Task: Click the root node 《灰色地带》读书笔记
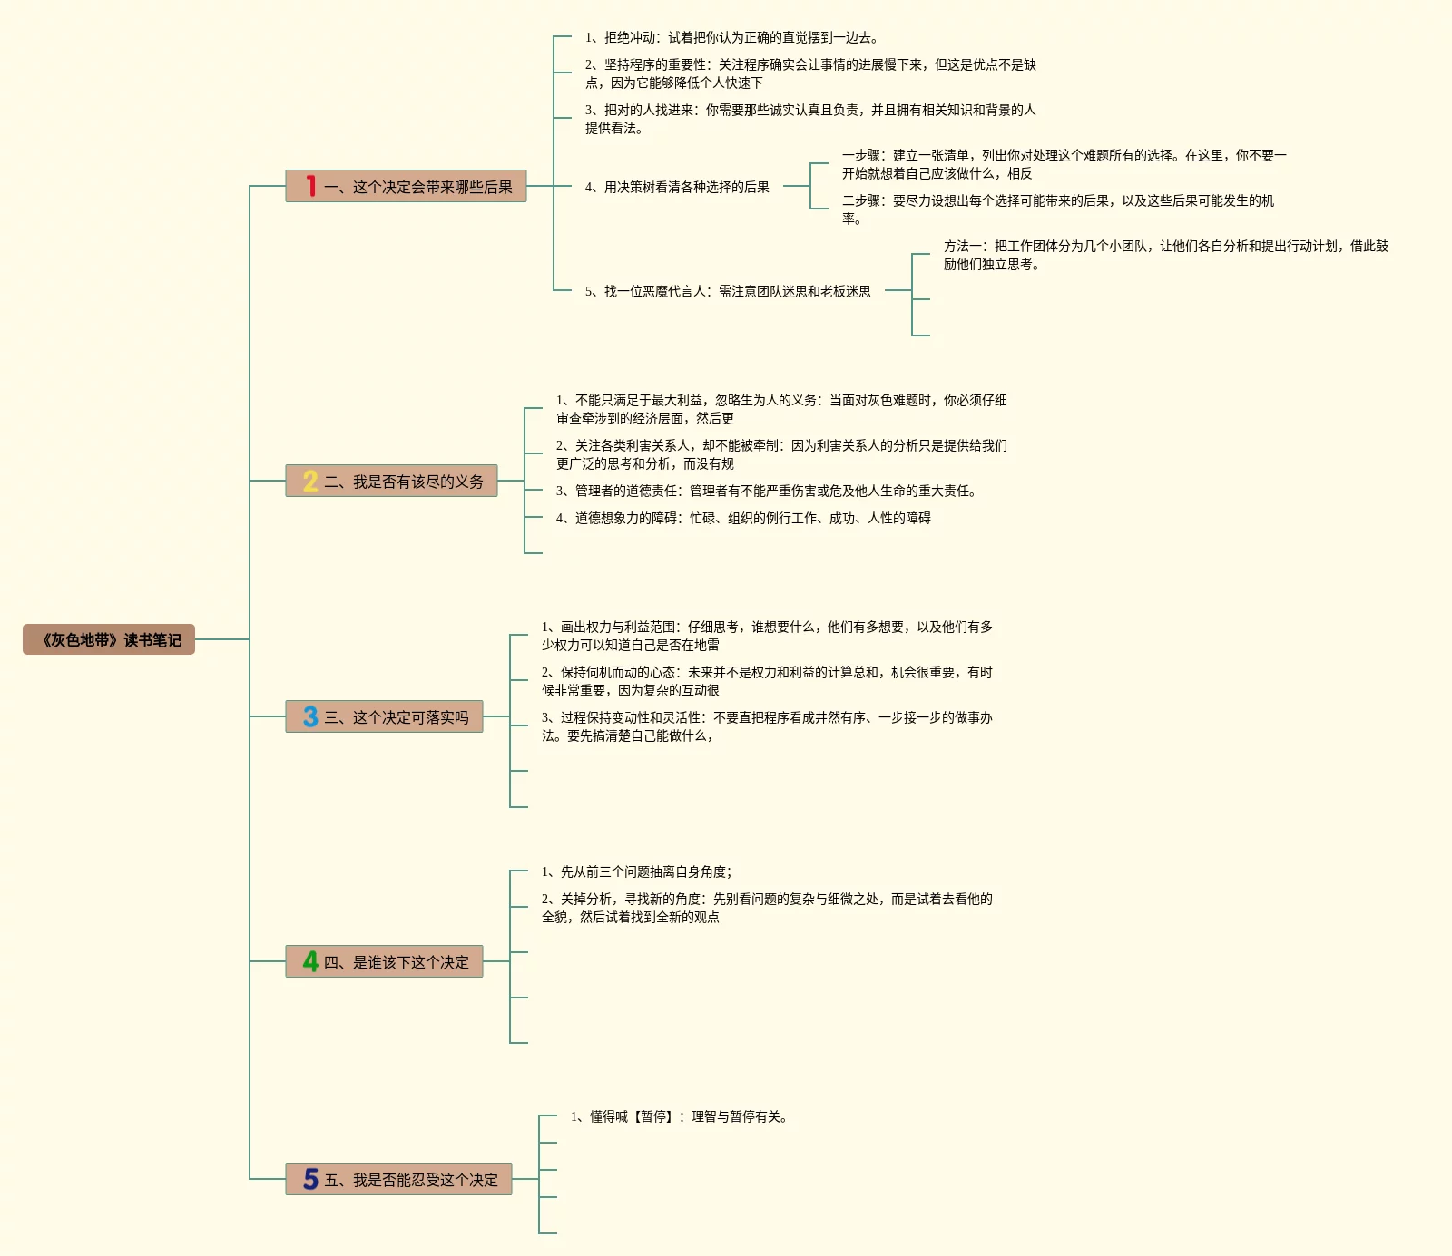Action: pos(109,639)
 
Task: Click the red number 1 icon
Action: pos(310,186)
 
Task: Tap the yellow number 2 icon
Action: pos(310,481)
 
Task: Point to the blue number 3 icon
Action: pos(310,716)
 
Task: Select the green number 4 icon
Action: pos(310,961)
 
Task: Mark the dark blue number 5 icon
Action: pos(310,1179)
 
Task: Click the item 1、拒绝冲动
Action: pos(731,37)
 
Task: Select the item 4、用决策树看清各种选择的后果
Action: pos(677,187)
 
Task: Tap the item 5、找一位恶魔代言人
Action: pos(728,291)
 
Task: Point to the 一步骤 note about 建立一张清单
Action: pos(1064,164)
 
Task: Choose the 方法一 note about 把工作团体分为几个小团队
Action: pos(1165,255)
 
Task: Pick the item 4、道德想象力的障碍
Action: pos(743,518)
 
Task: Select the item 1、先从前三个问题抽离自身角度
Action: pos(637,871)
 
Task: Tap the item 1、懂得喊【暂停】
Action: pos(681,1116)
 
